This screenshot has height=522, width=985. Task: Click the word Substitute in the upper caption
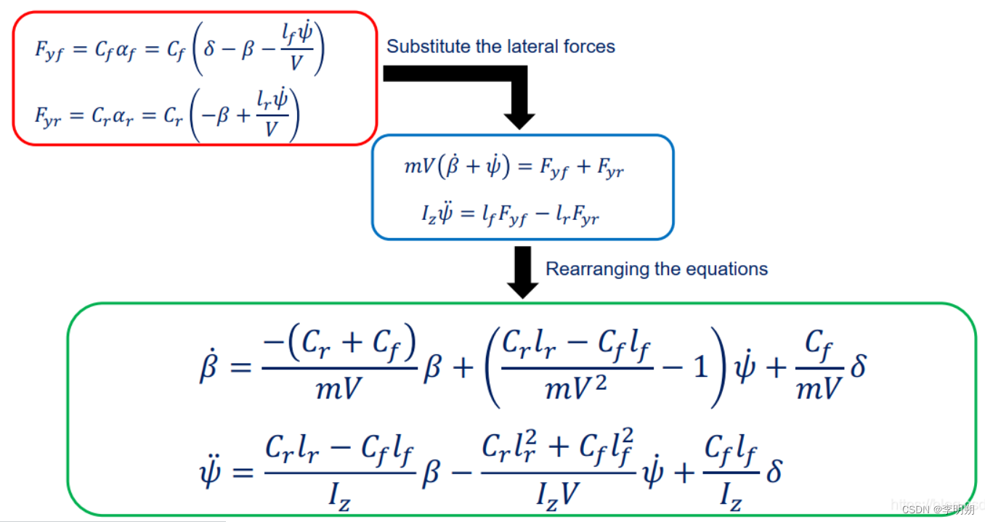coord(422,47)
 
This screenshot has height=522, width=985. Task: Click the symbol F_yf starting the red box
coord(49,50)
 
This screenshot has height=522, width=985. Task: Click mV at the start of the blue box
coord(418,168)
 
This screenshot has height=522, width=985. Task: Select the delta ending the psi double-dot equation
coord(774,471)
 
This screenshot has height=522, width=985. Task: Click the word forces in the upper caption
coord(589,47)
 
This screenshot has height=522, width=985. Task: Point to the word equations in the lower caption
coord(730,269)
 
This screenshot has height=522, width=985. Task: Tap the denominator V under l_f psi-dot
coord(296,64)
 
